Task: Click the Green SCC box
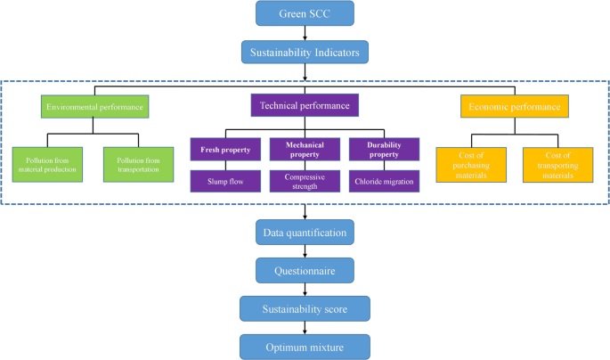305,13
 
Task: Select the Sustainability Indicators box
305,53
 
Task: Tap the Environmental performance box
95,107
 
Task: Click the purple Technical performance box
305,106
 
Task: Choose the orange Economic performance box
515,107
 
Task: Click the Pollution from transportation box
137,164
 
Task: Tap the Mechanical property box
305,149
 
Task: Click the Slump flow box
224,181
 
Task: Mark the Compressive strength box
305,181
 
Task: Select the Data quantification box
305,233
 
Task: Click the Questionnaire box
305,270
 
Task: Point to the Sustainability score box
305,308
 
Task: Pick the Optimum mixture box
305,345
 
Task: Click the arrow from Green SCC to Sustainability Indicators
305,33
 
